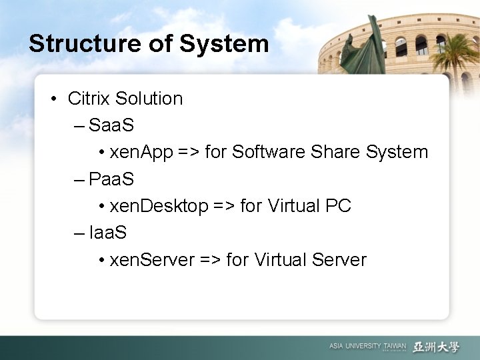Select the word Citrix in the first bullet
89,99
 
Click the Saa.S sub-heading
111,125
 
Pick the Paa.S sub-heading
111,179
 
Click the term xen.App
141,153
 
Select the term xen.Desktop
159,206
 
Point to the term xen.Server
152,259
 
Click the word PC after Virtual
338,206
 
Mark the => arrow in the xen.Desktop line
224,206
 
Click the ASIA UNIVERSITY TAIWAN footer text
367,347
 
